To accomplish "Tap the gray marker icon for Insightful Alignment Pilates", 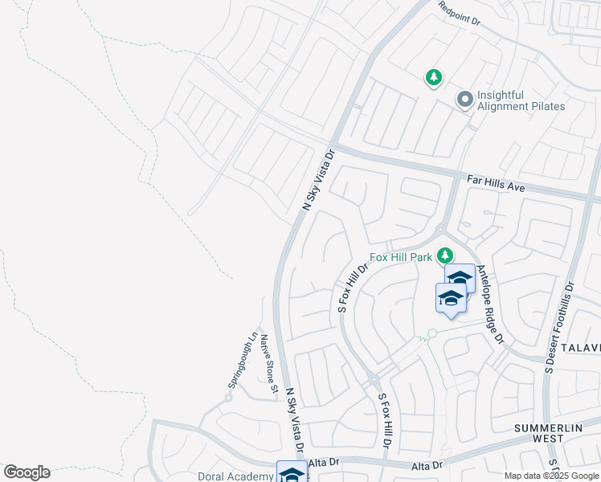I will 464,100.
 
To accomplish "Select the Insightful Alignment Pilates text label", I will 521,100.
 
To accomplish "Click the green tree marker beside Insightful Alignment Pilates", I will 434,77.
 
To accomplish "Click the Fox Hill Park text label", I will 401,258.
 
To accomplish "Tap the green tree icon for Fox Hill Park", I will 443,257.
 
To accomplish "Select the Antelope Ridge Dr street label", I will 490,304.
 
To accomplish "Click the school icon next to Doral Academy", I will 291,472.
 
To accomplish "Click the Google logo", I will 27,472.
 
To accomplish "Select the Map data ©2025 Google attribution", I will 550,476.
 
